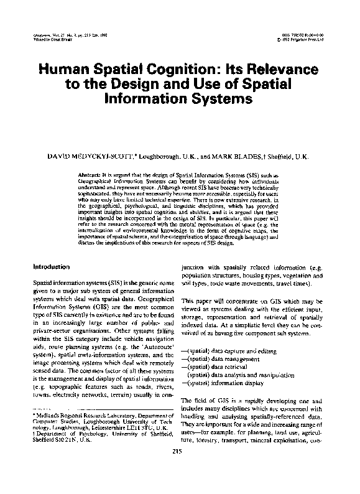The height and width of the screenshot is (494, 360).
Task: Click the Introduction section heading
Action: (x=52, y=267)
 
